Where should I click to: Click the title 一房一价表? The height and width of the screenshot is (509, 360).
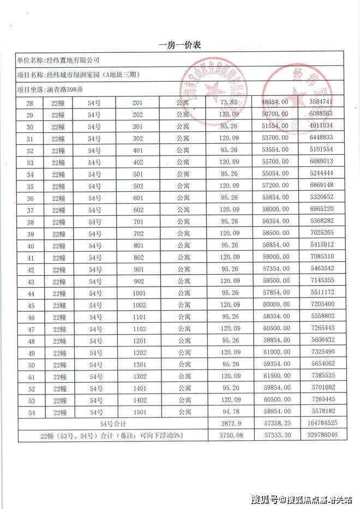(x=179, y=45)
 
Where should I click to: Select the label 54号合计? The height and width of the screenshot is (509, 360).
(x=114, y=423)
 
